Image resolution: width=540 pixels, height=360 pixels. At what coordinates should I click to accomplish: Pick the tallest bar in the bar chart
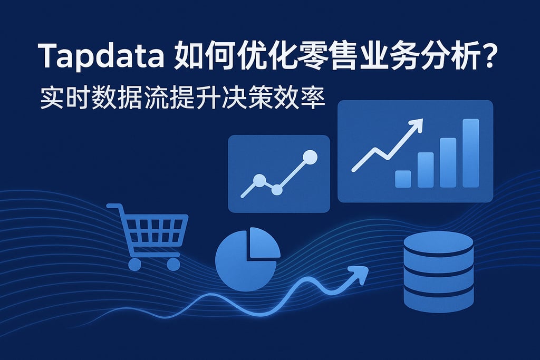(x=470, y=153)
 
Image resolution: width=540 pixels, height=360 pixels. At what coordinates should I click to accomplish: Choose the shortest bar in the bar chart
(x=403, y=179)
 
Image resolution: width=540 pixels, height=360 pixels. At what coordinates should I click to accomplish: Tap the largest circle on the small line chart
(x=311, y=157)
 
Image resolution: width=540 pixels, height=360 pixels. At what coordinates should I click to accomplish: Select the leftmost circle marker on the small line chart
(x=259, y=180)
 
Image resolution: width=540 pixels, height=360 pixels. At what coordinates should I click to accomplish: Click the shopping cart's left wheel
(x=135, y=264)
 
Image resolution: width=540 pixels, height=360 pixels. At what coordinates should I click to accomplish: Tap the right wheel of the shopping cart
(x=173, y=264)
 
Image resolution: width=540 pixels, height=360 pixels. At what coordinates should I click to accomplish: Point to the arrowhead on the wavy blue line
(x=360, y=273)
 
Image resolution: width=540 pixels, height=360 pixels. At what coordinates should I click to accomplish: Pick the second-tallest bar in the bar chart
(x=448, y=162)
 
